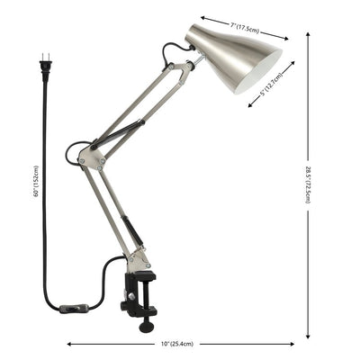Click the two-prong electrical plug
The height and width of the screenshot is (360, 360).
click(x=43, y=64)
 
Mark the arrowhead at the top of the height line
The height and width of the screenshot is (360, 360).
click(x=309, y=34)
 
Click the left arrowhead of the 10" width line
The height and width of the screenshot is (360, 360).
click(x=68, y=343)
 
